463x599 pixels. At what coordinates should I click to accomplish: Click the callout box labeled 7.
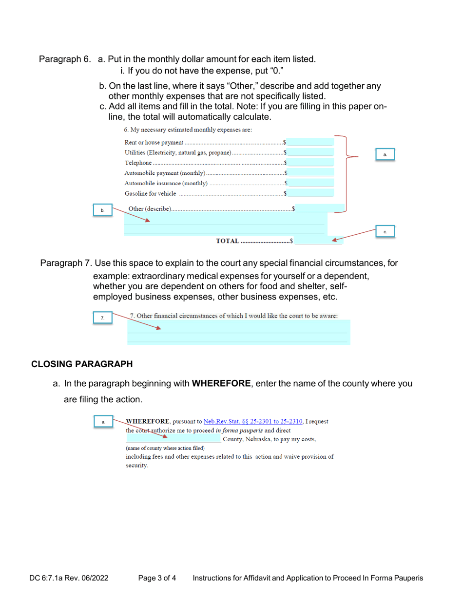[102, 318]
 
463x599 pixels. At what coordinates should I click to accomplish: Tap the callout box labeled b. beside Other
[102, 210]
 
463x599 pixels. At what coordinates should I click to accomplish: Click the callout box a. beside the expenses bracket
[385, 154]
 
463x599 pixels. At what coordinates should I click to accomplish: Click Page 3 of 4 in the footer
[157, 578]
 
